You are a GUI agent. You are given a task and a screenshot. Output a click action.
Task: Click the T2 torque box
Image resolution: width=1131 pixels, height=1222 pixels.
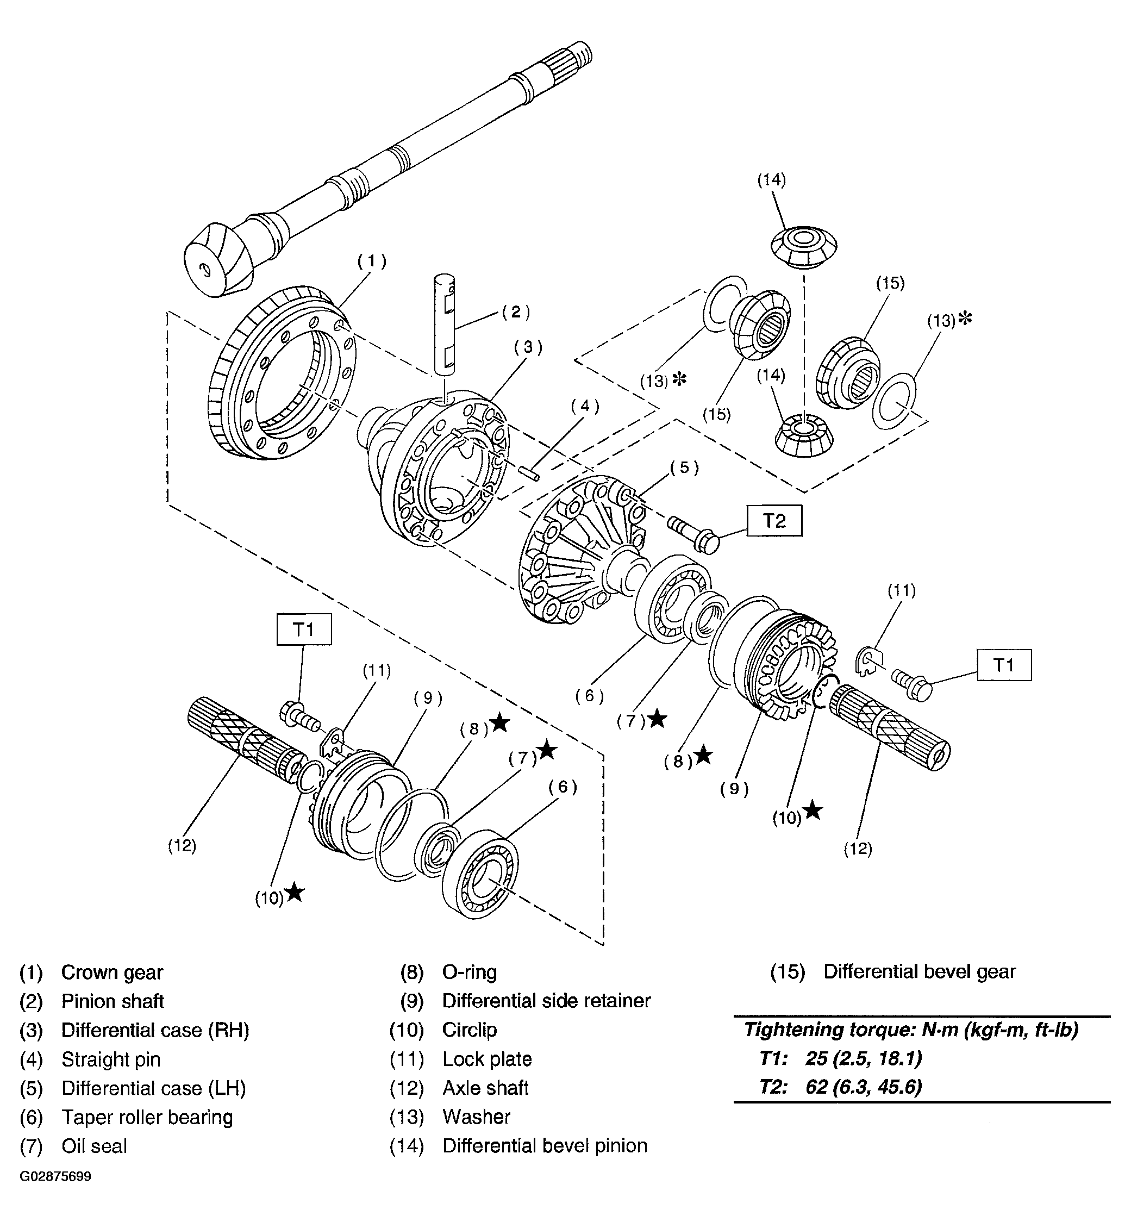click(x=773, y=521)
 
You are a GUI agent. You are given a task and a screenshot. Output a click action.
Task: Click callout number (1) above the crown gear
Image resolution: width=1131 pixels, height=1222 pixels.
click(x=372, y=261)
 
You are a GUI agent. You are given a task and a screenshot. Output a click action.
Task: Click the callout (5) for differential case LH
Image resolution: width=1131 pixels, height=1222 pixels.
click(x=684, y=467)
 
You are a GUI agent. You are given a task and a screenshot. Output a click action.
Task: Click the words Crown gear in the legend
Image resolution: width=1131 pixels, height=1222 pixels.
click(x=112, y=973)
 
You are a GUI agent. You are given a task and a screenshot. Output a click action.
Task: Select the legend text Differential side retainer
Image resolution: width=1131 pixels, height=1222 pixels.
click(x=546, y=1001)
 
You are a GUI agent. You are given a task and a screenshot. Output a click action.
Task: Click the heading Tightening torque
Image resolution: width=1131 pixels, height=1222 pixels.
click(x=911, y=1030)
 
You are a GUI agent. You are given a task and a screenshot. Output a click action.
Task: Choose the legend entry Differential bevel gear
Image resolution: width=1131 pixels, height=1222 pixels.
click(x=919, y=972)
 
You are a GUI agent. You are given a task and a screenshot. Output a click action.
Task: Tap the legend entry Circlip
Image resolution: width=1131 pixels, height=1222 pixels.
click(x=470, y=1030)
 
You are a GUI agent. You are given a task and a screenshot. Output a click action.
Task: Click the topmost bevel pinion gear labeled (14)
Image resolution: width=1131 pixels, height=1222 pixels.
click(x=802, y=247)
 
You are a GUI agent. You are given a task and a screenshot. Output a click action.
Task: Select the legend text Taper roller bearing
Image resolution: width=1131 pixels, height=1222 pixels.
click(x=147, y=1117)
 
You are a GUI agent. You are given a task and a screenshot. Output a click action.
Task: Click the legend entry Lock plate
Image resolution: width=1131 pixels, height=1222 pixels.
click(x=487, y=1059)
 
